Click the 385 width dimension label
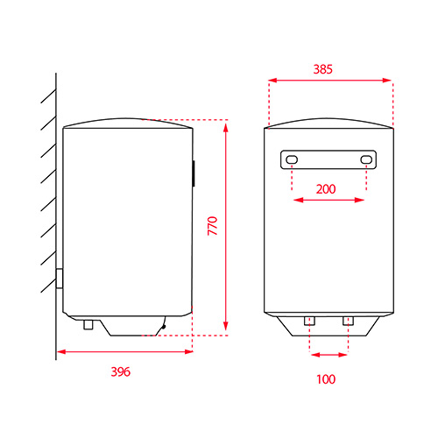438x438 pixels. tap(322, 69)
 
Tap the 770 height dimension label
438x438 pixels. tap(213, 226)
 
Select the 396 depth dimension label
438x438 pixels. tap(121, 371)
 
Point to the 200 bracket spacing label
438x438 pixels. tap(326, 189)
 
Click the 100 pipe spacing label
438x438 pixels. tap(326, 379)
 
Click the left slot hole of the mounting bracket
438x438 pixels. tap(292, 159)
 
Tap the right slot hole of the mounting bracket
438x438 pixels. tap(366, 159)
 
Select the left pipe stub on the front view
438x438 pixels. tap(309, 321)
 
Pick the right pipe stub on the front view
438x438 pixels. tap(348, 321)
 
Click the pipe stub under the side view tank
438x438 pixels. tap(88, 324)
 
